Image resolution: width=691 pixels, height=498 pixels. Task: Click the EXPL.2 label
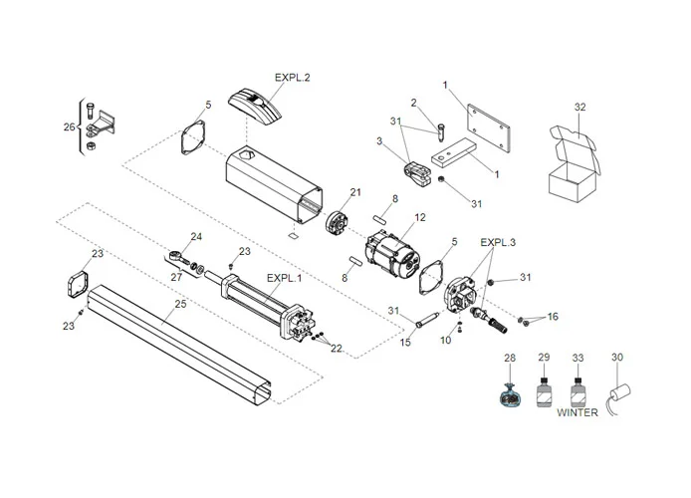pos(293,76)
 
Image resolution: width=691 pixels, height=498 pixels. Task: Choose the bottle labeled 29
pos(544,390)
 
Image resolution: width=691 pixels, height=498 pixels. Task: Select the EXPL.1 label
pos(283,278)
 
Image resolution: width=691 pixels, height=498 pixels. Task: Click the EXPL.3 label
pos(498,242)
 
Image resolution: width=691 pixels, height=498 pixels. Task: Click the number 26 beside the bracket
pos(68,126)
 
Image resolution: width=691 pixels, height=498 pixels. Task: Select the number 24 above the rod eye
pos(196,236)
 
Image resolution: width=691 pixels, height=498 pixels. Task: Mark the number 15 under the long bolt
pos(405,343)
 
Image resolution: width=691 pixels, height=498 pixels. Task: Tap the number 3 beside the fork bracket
pos(379,142)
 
